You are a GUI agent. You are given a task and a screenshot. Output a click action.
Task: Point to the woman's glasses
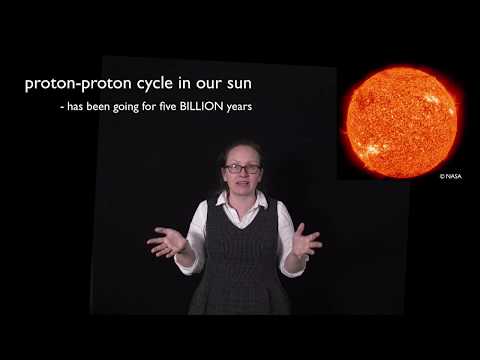(241, 168)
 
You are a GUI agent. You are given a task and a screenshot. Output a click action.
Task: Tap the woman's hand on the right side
(305, 240)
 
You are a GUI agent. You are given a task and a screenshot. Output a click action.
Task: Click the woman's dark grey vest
(240, 265)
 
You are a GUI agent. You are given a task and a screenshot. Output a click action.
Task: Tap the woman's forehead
(241, 155)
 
